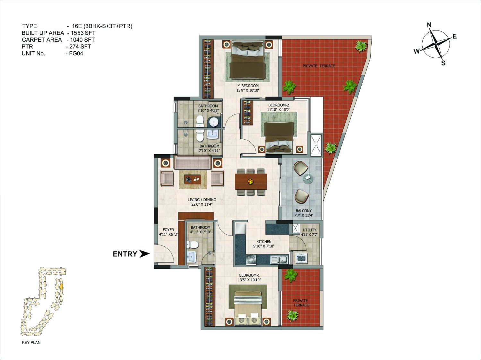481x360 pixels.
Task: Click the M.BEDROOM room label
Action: click(248, 86)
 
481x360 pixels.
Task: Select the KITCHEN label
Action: click(264, 242)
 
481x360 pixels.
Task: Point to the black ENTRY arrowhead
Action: click(145, 254)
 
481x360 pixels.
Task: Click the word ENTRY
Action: click(125, 254)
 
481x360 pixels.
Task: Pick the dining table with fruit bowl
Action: click(251, 181)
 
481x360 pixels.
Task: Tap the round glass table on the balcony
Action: click(308, 179)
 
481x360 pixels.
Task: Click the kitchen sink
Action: click(279, 260)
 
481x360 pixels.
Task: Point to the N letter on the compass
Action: click(429, 25)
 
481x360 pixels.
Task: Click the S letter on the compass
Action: click(443, 63)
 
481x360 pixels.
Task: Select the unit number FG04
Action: click(76, 54)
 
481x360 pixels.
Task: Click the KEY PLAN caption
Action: click(31, 342)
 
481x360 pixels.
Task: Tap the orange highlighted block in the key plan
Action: click(61, 287)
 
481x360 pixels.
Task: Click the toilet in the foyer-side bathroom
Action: click(192, 245)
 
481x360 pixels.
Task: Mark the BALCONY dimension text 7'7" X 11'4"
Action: click(304, 215)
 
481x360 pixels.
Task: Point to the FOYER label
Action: click(168, 230)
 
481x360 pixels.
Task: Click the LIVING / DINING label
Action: click(202, 200)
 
